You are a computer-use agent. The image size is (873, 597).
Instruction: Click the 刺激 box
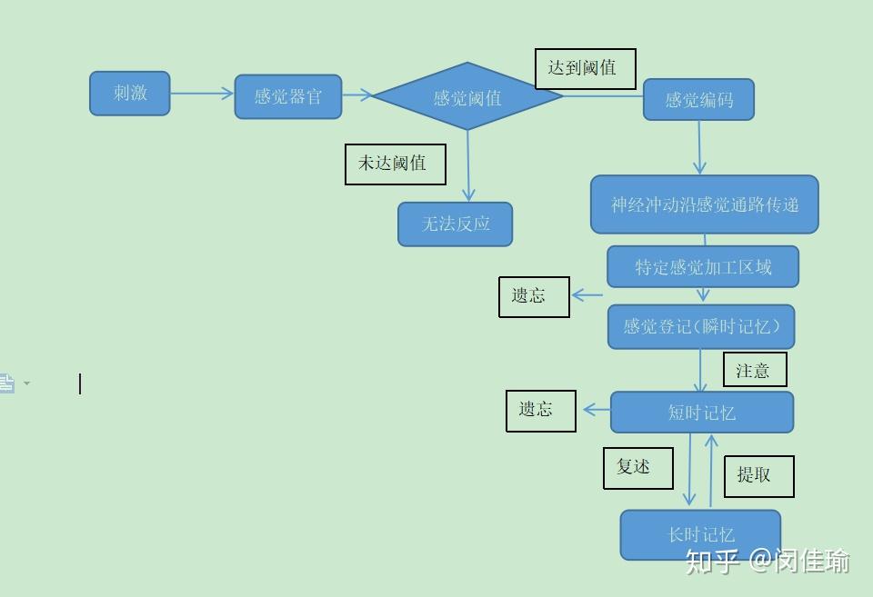[129, 94]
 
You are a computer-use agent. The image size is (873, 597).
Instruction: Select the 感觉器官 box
[287, 96]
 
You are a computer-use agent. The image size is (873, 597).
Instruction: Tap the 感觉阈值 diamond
[467, 97]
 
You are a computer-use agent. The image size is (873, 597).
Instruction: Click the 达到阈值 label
[585, 69]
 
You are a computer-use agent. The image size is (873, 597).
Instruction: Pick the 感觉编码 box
[698, 100]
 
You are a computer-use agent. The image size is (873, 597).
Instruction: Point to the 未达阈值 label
[395, 164]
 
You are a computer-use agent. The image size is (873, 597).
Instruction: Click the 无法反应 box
[455, 224]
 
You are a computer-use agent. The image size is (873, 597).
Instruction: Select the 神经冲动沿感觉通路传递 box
[704, 204]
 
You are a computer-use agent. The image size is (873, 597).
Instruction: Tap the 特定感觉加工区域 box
[703, 267]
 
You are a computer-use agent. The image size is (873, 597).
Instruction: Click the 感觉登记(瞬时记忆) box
[700, 326]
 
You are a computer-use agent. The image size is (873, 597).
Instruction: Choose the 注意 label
[754, 370]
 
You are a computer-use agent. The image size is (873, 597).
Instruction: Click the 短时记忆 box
[701, 413]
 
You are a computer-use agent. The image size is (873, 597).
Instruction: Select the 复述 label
[637, 468]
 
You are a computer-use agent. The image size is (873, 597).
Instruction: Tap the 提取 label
[758, 475]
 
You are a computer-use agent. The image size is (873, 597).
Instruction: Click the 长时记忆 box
[700, 534]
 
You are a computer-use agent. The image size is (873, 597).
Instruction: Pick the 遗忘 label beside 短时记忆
[540, 411]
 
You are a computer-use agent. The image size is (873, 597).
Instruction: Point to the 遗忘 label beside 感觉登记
[534, 296]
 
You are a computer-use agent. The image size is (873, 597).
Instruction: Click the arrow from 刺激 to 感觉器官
[201, 93]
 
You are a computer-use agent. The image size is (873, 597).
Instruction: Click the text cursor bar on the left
[80, 383]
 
